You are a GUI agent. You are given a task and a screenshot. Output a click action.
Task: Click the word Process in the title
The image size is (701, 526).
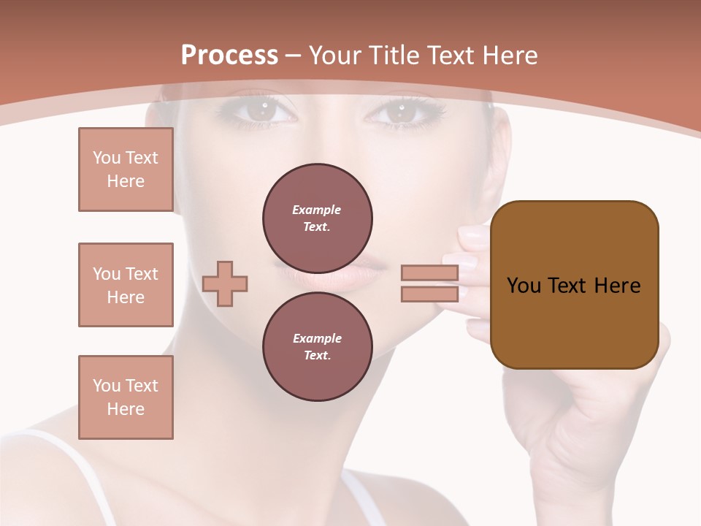coord(229,56)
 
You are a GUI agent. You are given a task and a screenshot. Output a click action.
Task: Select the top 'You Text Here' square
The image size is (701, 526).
coord(126,169)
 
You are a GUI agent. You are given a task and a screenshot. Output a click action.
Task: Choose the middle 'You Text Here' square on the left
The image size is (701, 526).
coord(126,285)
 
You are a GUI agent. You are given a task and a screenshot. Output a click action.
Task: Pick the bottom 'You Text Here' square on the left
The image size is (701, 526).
coord(126,397)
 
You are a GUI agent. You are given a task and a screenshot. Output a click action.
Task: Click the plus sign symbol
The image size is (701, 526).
coord(225,283)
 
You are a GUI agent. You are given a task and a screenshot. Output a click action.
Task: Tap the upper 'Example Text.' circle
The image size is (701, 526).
coord(318,218)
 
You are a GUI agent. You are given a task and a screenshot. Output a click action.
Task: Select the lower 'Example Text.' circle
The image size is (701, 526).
coord(318,346)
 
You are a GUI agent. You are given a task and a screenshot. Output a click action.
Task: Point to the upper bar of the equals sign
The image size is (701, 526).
coord(429,272)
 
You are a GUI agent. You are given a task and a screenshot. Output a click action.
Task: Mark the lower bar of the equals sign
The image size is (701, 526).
coord(429,294)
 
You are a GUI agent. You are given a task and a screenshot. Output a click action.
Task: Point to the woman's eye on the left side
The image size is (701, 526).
coord(259,111)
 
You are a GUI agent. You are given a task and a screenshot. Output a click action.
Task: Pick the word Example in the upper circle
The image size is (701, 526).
coord(317,210)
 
